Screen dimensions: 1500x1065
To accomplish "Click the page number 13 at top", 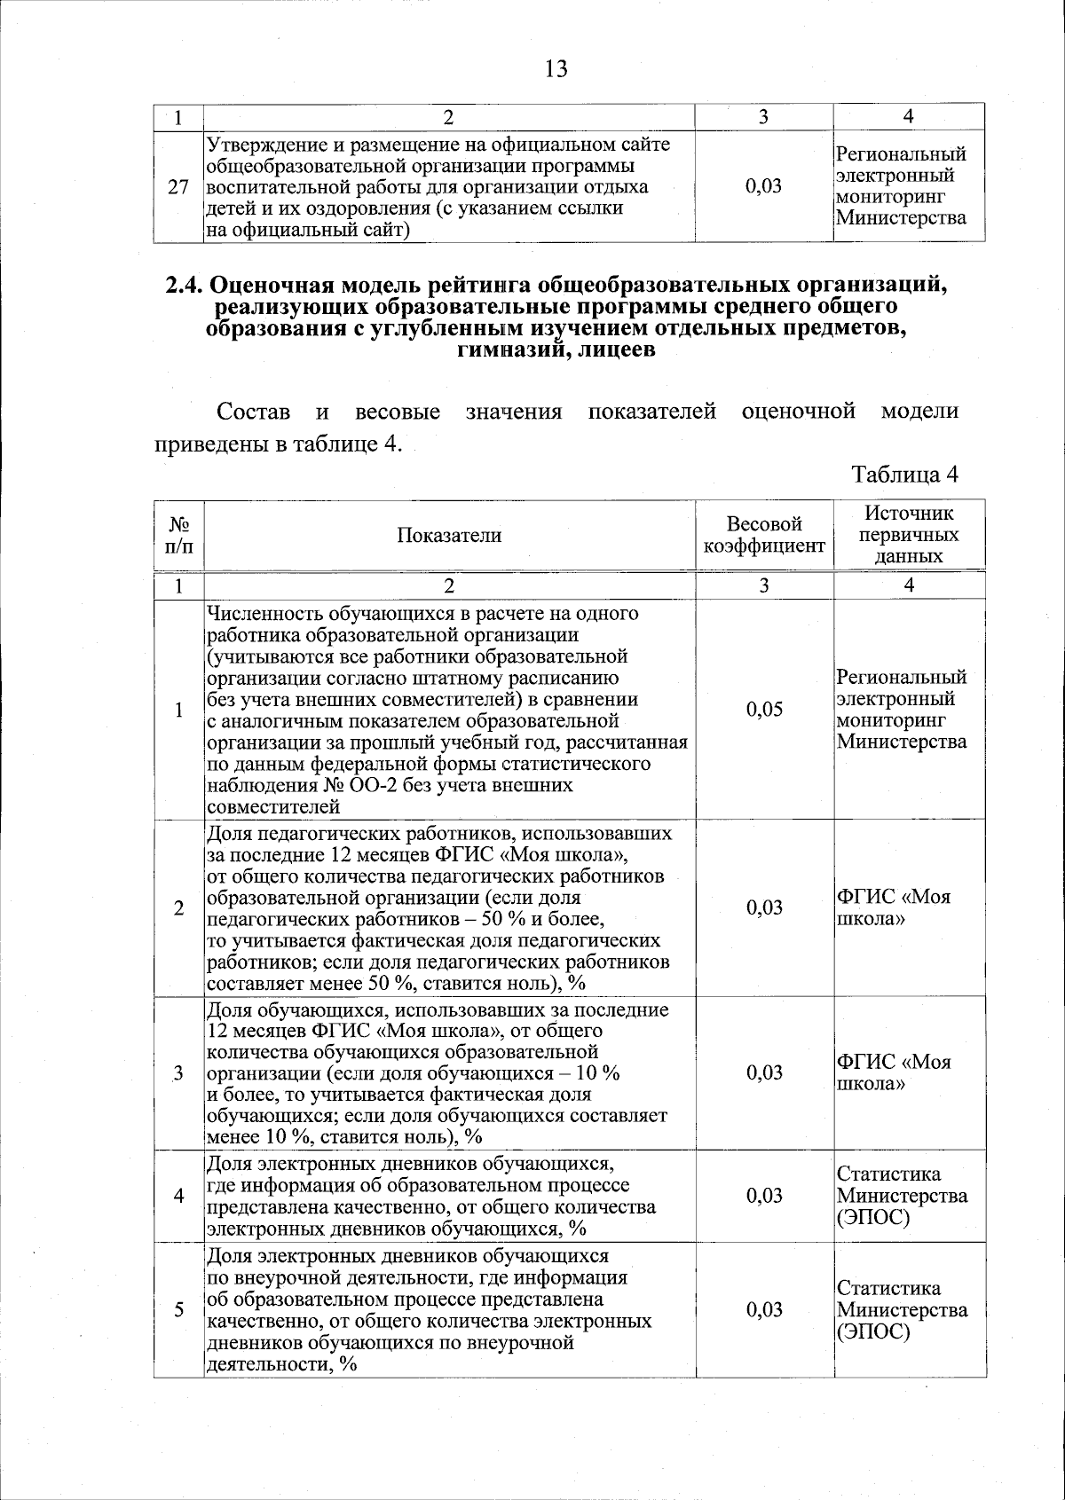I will tap(556, 68).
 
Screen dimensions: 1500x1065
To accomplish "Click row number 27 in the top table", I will tap(178, 187).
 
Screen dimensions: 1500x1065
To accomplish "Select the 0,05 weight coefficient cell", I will tap(764, 709).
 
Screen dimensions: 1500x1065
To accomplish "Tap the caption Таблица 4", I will tap(904, 475).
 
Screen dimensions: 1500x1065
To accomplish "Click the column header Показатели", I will tap(449, 535).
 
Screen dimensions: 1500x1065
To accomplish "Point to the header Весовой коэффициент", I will tap(764, 535).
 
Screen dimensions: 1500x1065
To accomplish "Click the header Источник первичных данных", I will tap(909, 535).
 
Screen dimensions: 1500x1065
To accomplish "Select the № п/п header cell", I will tap(178, 535).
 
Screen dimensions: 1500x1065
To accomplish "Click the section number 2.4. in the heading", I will tap(185, 286).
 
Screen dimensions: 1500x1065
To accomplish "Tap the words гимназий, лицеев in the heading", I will tap(556, 349).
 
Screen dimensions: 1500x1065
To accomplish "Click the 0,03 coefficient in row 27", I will tap(764, 186).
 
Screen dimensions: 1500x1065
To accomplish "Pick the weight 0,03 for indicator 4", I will tap(764, 1196).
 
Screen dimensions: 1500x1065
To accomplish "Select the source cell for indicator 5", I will tap(902, 1310).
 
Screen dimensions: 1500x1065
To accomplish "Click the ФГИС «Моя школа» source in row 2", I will tap(894, 907).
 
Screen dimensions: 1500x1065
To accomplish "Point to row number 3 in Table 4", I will tap(178, 1073).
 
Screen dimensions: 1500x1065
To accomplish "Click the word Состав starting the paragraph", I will tap(253, 412).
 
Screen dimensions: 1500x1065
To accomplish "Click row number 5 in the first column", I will tap(178, 1310).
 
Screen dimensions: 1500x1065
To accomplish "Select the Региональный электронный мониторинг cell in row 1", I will tap(902, 709).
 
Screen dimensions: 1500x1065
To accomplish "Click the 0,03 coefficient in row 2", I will tap(764, 907).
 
